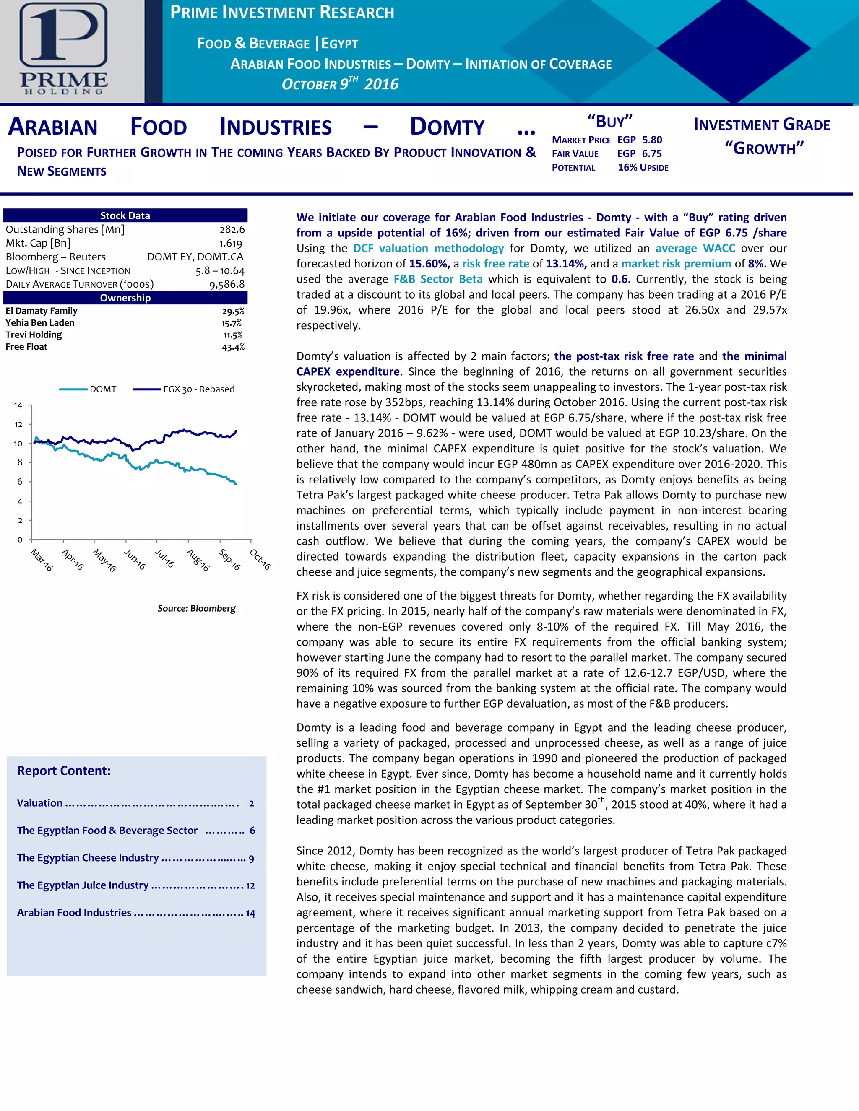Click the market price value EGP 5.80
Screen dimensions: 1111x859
[640, 140]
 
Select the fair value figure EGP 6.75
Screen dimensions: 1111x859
[640, 153]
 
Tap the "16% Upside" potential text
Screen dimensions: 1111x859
[643, 167]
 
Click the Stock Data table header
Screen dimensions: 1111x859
[125, 215]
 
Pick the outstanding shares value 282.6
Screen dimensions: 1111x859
[232, 229]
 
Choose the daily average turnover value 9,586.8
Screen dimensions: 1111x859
[227, 284]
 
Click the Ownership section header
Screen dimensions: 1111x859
[125, 298]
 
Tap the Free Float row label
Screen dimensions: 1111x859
[26, 347]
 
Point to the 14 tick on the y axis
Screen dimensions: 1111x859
[18, 405]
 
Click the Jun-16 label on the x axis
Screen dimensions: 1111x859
[135, 559]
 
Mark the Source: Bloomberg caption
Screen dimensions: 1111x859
[196, 608]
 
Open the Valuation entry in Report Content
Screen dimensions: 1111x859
[40, 803]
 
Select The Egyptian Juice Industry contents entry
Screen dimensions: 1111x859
[83, 885]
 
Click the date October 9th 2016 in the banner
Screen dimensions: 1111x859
[340, 84]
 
